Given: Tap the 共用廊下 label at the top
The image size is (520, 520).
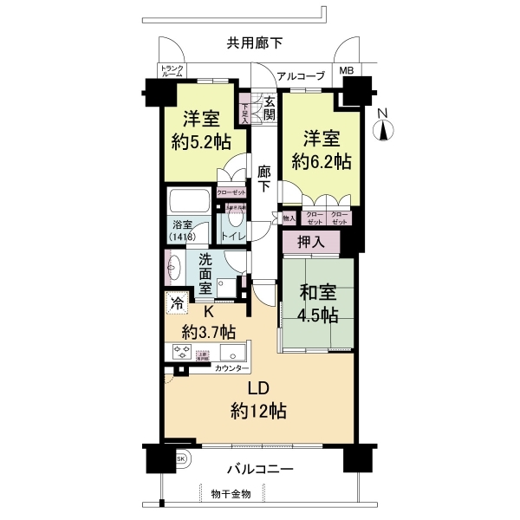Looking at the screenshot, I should (x=255, y=42).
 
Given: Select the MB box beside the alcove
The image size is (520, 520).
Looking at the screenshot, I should (x=346, y=71).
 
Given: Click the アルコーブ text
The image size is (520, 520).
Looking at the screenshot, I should (x=300, y=75).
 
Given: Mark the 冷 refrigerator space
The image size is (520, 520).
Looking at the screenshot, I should (x=177, y=303).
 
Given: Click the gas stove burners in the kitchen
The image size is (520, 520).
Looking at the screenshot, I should (x=183, y=351).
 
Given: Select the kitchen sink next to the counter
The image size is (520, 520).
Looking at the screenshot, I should (x=233, y=353).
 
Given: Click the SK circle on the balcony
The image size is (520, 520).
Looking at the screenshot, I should (x=181, y=458).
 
